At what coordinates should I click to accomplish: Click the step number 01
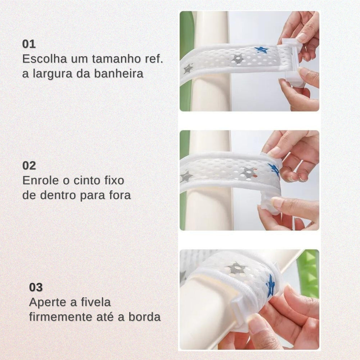[29, 44]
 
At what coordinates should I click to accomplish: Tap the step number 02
[29, 166]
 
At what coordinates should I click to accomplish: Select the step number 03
[36, 287]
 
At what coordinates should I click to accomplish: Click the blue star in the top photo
[261, 50]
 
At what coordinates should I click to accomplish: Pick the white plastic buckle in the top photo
[292, 63]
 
